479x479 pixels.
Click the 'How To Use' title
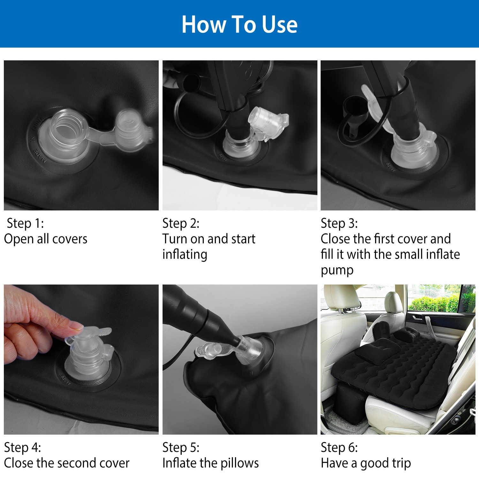click(x=240, y=24)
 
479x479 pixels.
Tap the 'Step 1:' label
click(x=25, y=223)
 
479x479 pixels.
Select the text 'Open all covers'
click(x=46, y=239)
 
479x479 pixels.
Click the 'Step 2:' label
click(x=181, y=223)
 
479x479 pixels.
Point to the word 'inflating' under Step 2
click(x=185, y=255)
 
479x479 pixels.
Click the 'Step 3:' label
click(x=339, y=223)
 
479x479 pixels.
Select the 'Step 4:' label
click(x=22, y=447)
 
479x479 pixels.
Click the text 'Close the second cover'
click(x=67, y=463)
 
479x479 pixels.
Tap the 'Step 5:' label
click(x=181, y=447)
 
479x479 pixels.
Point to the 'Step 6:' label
click(x=339, y=447)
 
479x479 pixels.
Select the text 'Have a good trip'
click(x=366, y=463)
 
